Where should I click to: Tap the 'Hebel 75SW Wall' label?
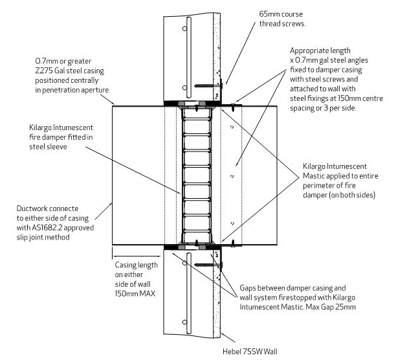tap(250, 352)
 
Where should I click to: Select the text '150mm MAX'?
tap(135, 293)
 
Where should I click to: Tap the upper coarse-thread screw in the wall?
tap(208, 86)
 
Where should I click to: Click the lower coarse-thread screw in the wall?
tap(208, 265)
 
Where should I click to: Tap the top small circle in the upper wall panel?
tap(185, 28)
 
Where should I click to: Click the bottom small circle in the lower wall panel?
tap(185, 322)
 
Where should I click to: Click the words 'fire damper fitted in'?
tap(61, 137)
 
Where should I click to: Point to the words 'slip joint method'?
tap(43, 238)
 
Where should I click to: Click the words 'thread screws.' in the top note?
tap(282, 24)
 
